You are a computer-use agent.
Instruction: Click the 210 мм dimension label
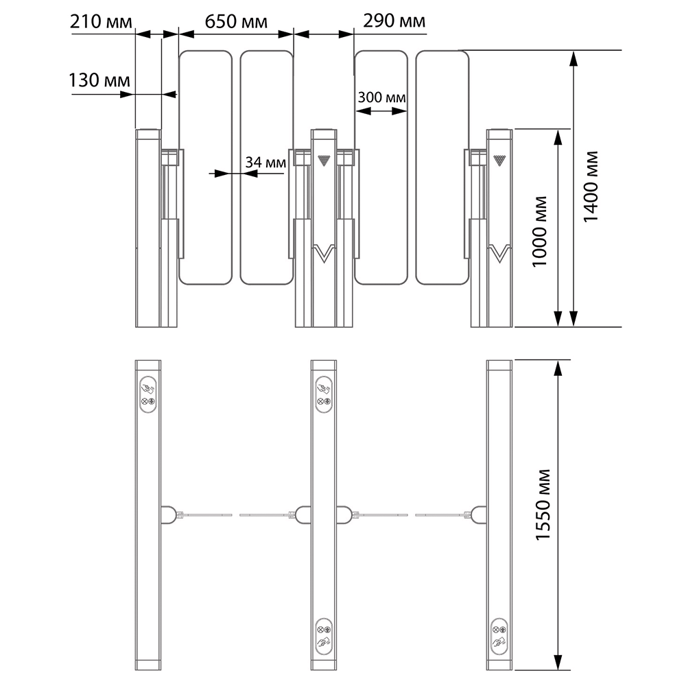tap(101, 21)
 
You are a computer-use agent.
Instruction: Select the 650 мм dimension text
tap(236, 21)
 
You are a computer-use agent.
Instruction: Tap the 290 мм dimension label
tap(394, 21)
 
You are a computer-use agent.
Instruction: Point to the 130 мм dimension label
tap(99, 80)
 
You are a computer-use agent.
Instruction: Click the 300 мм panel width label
tap(381, 97)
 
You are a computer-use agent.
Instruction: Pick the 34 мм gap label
tap(265, 163)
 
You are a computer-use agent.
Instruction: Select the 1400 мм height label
tap(591, 187)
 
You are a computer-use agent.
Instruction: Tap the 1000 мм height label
tap(539, 231)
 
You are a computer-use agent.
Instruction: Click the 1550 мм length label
tap(543, 505)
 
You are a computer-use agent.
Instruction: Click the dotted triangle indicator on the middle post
tap(324, 160)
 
